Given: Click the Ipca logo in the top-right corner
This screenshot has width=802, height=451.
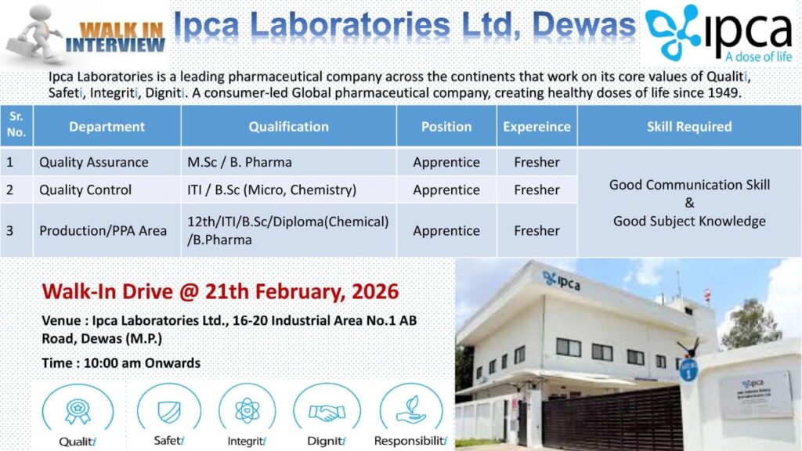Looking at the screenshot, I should pos(718,33).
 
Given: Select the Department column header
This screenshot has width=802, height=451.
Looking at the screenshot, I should pos(107,126).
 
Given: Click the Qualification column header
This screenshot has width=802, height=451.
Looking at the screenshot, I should pos(288,126).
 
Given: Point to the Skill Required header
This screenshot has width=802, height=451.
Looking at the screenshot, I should pos(689,126).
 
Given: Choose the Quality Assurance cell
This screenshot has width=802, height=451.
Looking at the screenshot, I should pos(94,163).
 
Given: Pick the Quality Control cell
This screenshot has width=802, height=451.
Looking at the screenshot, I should pos(85,189).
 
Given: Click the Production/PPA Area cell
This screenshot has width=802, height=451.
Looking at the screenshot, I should pos(103,230).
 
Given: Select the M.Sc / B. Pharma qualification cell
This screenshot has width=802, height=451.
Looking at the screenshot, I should pos(240,163).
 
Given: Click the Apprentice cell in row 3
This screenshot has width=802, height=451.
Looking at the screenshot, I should pos(446,230).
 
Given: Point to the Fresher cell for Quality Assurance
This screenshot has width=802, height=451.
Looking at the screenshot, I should pos(536,163).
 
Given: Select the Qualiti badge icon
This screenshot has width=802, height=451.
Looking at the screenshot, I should pos(77,410).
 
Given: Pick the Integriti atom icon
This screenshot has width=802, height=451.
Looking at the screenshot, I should pos(247,410).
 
